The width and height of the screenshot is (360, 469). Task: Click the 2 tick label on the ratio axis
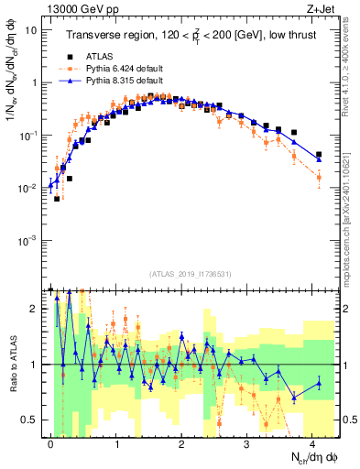pyautogui.click(x=34, y=309)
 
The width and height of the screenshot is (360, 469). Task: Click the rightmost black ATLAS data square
pyautogui.click(x=319, y=155)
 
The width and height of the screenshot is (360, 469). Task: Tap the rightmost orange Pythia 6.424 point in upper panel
pyautogui.click(x=319, y=178)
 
